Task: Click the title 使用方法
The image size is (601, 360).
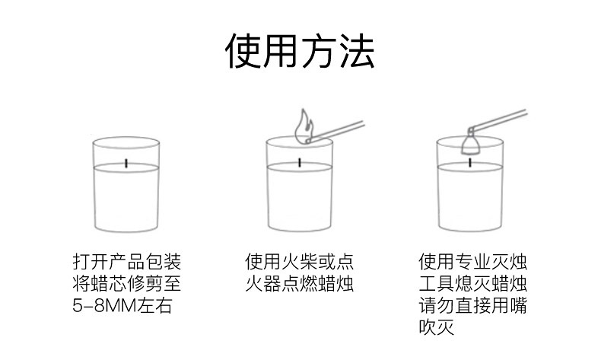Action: click(x=300, y=51)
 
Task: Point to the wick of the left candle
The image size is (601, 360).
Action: click(x=126, y=163)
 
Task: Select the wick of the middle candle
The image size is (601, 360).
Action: click(x=300, y=163)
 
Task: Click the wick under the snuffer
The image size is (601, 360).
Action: click(x=470, y=163)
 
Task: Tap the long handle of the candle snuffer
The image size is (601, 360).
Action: click(x=498, y=120)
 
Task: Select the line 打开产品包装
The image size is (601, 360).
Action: click(x=126, y=262)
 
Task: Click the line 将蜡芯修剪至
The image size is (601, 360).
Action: click(x=126, y=284)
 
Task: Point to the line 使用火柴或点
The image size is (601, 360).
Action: click(x=299, y=262)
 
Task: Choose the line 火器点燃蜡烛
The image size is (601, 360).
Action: click(x=299, y=284)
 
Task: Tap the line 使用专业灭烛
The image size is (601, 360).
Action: click(x=473, y=262)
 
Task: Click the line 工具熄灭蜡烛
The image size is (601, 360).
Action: click(x=473, y=284)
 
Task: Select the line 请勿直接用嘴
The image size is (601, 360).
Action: click(x=473, y=305)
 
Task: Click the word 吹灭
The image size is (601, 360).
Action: click(x=437, y=327)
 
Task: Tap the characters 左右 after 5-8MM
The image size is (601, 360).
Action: click(x=155, y=306)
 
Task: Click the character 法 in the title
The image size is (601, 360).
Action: click(x=358, y=51)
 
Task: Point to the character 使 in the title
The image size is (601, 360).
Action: click(x=243, y=51)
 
